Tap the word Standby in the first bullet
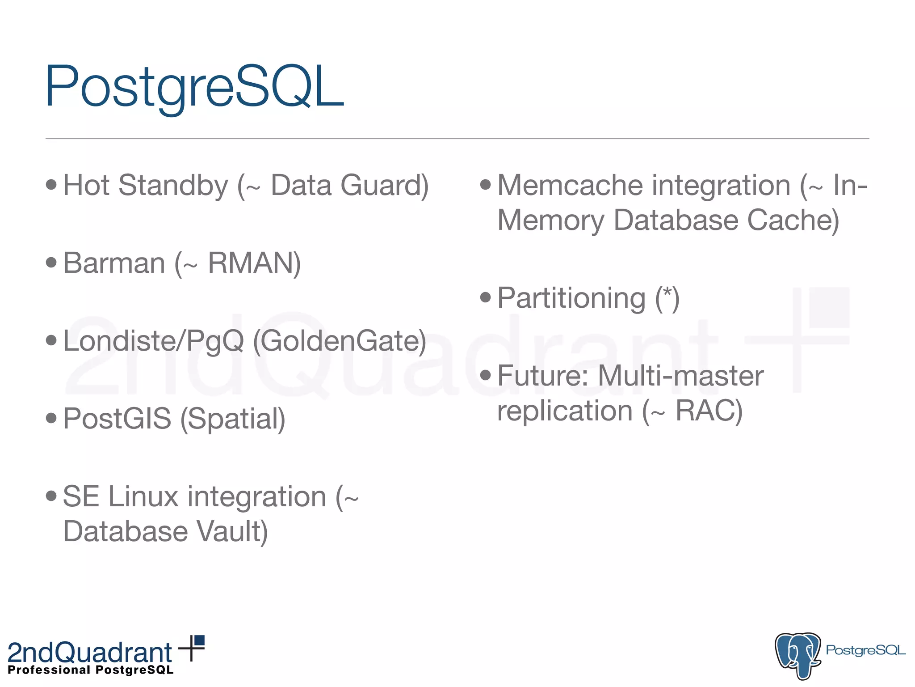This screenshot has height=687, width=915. (173, 185)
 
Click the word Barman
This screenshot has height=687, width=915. (114, 263)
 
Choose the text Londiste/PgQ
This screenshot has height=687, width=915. (153, 341)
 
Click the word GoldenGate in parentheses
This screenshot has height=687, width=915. (340, 341)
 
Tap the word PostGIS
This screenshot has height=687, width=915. (117, 419)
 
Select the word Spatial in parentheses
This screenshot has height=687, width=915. (232, 419)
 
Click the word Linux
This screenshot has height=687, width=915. (143, 496)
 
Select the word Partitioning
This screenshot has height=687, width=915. (571, 298)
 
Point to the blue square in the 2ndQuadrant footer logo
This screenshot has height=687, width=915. (200, 640)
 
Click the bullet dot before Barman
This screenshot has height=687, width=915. (51, 262)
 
